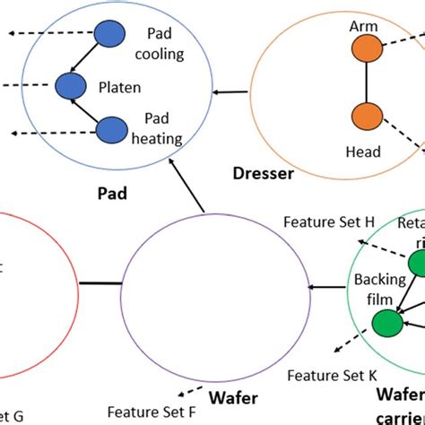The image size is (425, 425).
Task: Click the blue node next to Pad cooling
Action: click(x=109, y=33)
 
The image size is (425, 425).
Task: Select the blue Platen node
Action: click(x=68, y=87)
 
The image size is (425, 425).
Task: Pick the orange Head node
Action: click(x=366, y=116)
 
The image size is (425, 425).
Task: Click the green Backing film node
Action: click(x=387, y=321)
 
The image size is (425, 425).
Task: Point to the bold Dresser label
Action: click(x=262, y=174)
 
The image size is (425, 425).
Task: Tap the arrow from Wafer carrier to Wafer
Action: click(x=326, y=288)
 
